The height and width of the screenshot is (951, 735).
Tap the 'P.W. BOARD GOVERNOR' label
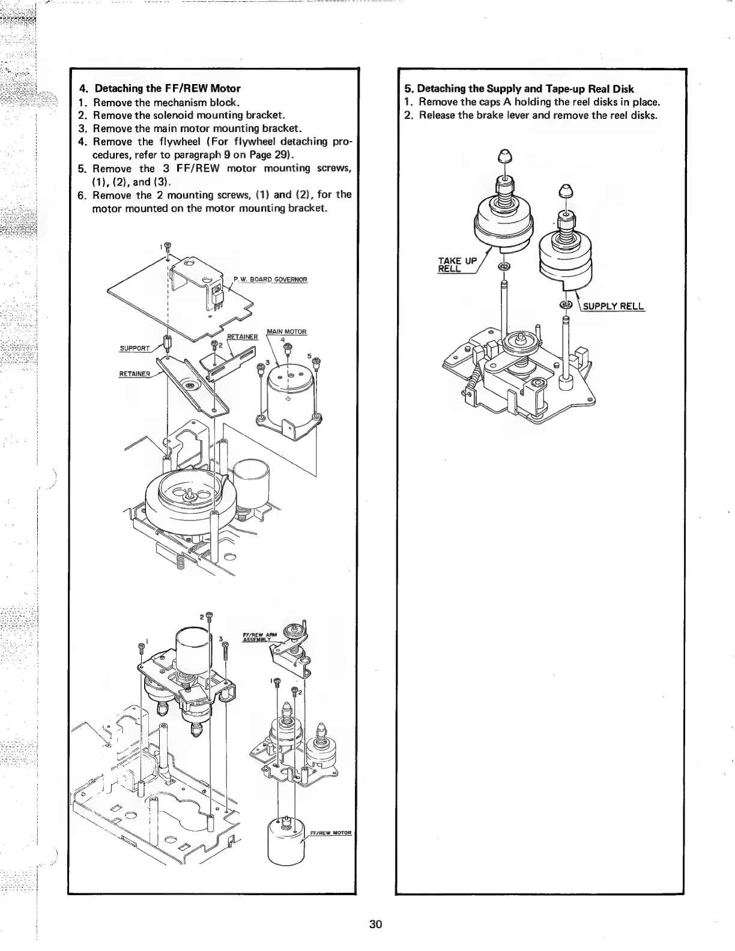click(x=270, y=279)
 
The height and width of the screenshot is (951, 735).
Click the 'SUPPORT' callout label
click(x=134, y=348)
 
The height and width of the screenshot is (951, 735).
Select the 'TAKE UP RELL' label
click(x=457, y=264)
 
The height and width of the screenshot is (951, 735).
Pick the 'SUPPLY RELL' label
click(x=614, y=307)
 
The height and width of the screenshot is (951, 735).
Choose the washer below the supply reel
click(x=565, y=304)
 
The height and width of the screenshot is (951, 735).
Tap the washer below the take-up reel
click(x=504, y=267)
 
